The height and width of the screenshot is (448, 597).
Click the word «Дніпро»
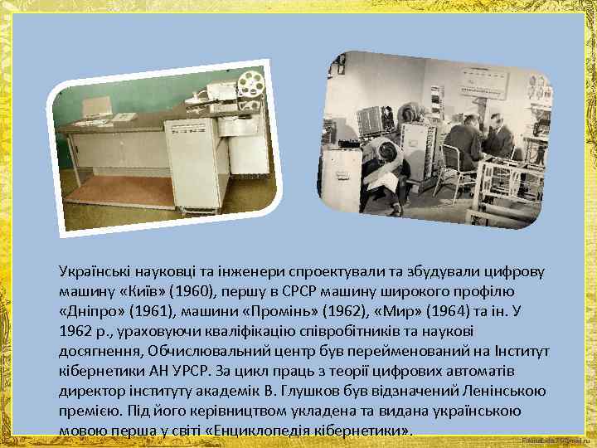tap(90, 314)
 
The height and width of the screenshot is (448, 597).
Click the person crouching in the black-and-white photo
tap(388, 166)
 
